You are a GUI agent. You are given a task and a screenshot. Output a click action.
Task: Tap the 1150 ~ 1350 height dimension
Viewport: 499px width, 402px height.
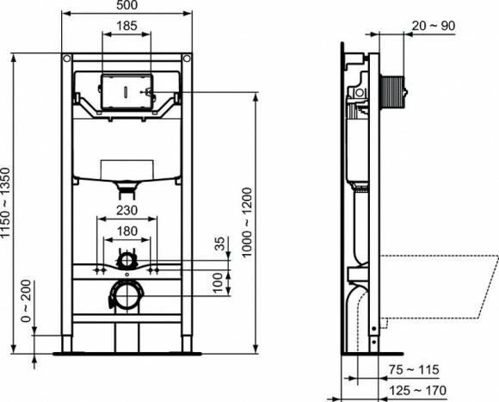coord(8,203)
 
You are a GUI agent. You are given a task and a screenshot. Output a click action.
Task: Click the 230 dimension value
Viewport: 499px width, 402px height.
coord(126,210)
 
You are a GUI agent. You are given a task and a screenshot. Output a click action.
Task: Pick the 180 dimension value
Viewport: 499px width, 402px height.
coord(126,230)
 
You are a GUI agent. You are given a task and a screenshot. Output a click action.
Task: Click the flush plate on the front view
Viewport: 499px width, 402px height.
coord(126,90)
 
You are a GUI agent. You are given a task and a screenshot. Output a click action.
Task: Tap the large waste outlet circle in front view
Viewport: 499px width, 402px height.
coord(126,296)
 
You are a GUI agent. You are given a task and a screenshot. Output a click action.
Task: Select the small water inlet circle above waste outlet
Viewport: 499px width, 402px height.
coord(126,258)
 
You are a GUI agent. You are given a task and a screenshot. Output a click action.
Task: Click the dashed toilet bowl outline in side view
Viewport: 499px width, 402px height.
coord(439,284)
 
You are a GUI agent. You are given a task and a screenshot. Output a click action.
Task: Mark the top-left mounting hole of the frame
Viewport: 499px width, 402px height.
coord(66,59)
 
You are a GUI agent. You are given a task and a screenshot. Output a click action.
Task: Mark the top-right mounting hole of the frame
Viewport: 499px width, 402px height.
coord(186,59)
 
